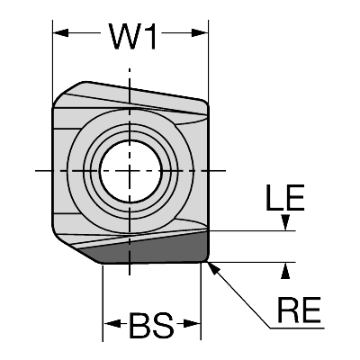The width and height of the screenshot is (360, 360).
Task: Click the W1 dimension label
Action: [132, 36]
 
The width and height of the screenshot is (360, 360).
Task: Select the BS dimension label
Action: [151, 325]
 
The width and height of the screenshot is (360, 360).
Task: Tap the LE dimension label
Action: [285, 197]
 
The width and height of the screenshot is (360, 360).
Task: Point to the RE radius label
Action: [300, 310]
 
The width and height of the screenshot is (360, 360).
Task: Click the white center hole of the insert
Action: [130, 171]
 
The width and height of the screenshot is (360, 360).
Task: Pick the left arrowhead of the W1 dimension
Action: [60, 32]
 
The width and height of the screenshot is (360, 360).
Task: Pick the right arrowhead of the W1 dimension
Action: [200, 32]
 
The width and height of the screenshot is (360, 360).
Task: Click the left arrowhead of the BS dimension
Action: [111, 324]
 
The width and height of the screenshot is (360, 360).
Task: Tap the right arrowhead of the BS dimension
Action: [193, 324]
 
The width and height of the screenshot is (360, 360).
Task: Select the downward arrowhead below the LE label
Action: [286, 222]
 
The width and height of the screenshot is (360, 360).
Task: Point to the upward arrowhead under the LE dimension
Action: [286, 271]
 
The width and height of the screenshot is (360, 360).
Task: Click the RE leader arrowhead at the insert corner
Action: [212, 268]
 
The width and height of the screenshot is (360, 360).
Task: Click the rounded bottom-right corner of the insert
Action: [205, 259]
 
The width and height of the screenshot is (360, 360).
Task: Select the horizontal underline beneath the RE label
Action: [297, 328]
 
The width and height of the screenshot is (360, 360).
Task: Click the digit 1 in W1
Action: [149, 36]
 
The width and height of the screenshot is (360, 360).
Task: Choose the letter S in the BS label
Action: [163, 325]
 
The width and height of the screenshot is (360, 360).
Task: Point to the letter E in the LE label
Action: [295, 197]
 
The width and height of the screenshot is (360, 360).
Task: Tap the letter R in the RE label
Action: [289, 310]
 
